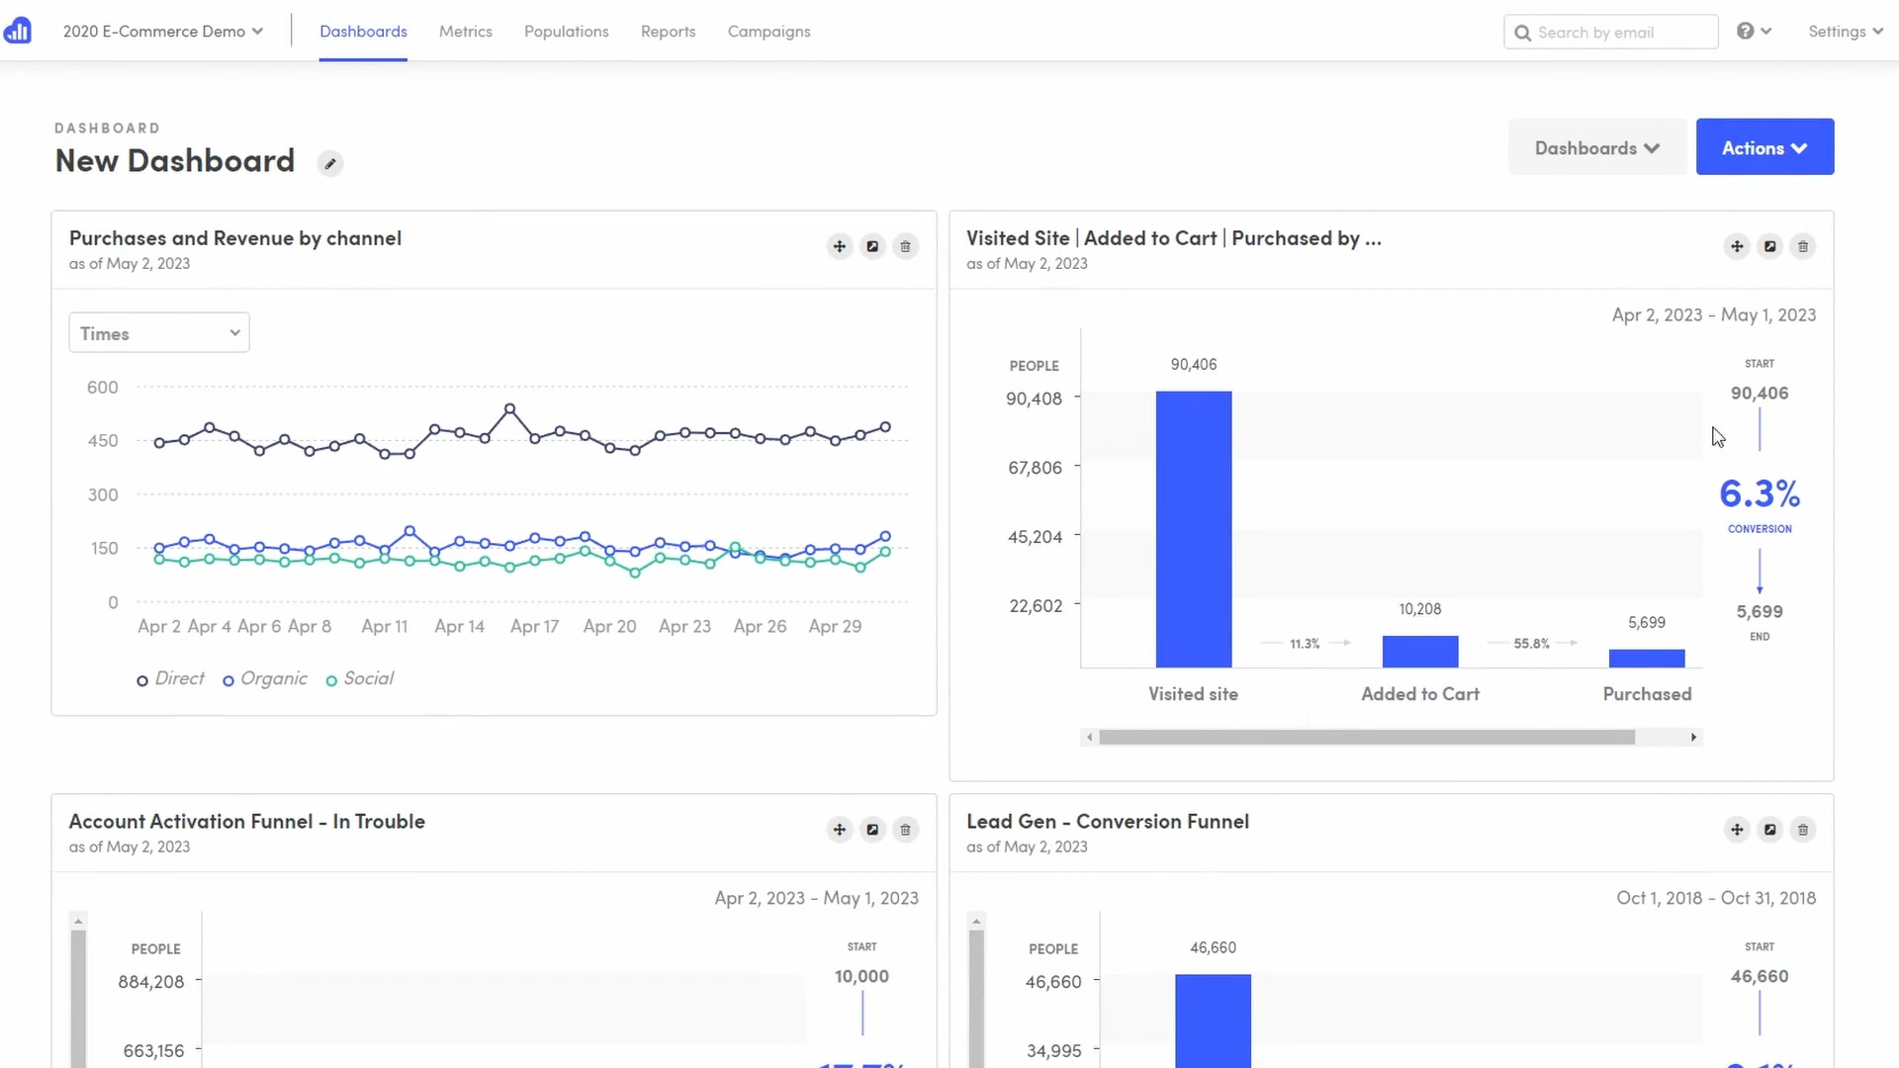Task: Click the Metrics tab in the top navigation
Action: click(465, 32)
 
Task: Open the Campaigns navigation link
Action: click(769, 32)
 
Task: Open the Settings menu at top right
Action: click(1845, 32)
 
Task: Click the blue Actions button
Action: click(1763, 147)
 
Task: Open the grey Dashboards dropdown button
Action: click(1596, 147)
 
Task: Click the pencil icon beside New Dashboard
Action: click(330, 164)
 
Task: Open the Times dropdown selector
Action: click(159, 333)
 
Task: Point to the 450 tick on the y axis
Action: click(103, 441)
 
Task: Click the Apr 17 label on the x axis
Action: click(534, 627)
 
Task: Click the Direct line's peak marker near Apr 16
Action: click(510, 408)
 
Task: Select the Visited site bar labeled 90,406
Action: click(1193, 529)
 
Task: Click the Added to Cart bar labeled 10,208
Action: click(1419, 652)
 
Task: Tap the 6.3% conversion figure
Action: click(1759, 493)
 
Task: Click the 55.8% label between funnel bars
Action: click(1530, 644)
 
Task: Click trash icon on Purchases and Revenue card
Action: click(905, 246)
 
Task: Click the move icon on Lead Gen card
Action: click(1737, 830)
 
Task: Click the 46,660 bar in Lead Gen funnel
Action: click(1213, 1019)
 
